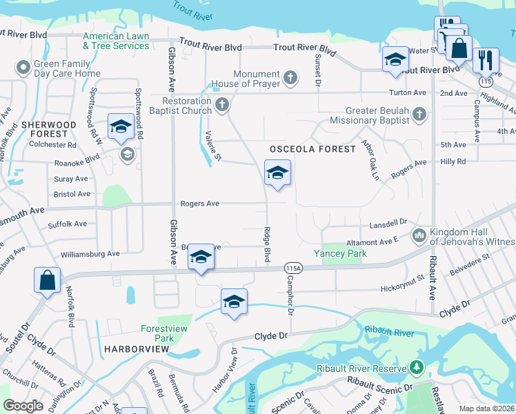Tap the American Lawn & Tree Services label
(x=116, y=41)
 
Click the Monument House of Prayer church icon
(x=291, y=76)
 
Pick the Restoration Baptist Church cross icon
(x=221, y=105)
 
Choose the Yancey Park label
(x=341, y=253)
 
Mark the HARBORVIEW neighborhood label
(x=137, y=350)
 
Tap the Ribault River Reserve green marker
(x=416, y=366)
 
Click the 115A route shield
(x=292, y=268)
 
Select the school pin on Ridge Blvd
(x=277, y=174)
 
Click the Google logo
(x=23, y=406)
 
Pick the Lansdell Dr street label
(x=388, y=223)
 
